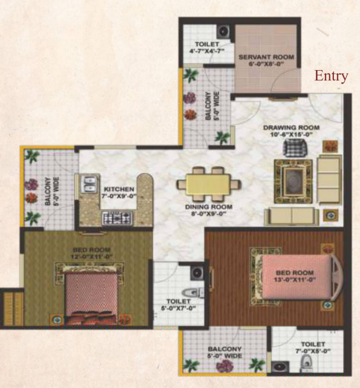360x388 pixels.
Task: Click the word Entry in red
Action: tap(332, 76)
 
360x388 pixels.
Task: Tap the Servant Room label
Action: tap(266, 57)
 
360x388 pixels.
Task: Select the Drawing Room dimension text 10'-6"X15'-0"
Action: tap(291, 135)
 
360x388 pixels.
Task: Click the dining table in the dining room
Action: tap(208, 184)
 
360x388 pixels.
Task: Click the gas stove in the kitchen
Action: tap(117, 218)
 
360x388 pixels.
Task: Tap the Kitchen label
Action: tap(119, 189)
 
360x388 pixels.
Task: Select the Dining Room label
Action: tap(208, 207)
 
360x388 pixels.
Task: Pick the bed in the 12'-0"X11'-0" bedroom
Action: tap(91, 296)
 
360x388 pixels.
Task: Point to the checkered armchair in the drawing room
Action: tap(295, 147)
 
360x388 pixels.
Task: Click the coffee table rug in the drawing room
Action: tap(293, 181)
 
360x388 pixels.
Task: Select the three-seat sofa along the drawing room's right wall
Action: tap(329, 179)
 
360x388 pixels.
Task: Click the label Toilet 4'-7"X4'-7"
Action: tap(207, 48)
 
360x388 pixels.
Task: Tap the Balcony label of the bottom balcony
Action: tap(225, 349)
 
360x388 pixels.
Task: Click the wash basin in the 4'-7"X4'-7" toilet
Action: tap(224, 31)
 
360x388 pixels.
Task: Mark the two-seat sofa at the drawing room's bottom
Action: tap(292, 216)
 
